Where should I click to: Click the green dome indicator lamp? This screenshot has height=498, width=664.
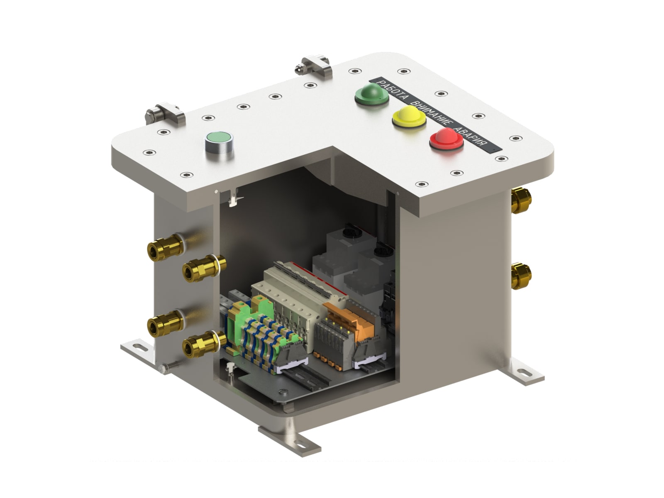point(371,94)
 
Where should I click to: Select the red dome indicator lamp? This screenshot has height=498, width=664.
point(447,139)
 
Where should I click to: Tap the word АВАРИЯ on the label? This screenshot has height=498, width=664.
point(472,139)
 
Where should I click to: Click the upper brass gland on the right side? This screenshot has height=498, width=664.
point(521,200)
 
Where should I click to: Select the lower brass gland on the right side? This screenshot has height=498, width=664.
point(521,276)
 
